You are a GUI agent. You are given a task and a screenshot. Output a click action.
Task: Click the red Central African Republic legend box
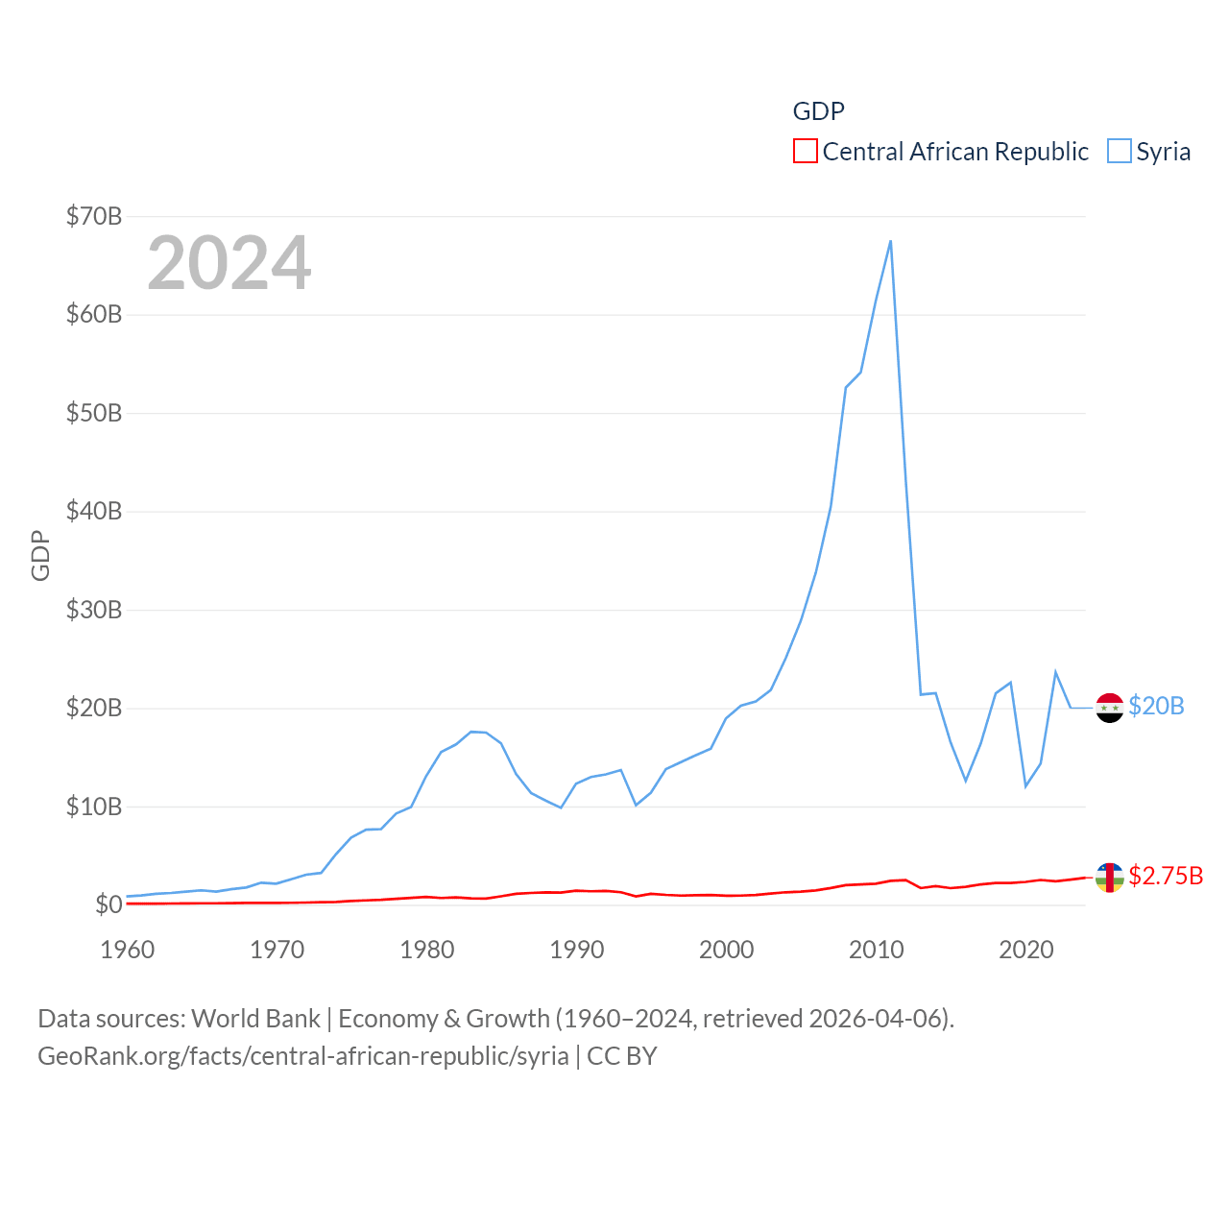(805, 152)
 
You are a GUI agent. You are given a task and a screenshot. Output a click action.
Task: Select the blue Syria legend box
(1120, 152)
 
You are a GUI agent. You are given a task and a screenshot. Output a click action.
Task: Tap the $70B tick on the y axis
(94, 216)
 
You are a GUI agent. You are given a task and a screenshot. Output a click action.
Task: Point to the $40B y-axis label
(94, 511)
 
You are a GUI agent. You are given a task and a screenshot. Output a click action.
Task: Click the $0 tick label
(108, 904)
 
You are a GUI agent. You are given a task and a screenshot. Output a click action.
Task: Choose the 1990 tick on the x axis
(577, 950)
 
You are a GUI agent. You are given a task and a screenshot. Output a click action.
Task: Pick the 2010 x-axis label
(877, 950)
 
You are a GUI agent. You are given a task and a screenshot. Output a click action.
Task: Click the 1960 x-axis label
(128, 950)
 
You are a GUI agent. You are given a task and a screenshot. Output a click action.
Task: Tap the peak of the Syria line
(891, 241)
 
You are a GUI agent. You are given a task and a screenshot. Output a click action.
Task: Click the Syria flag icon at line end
(1109, 708)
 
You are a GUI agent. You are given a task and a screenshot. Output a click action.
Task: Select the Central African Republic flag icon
(1109, 877)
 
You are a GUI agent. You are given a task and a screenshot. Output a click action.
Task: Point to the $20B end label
(1156, 706)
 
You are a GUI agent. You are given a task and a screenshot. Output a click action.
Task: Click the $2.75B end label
(1166, 876)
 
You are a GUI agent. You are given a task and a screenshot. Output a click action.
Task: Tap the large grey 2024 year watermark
(229, 263)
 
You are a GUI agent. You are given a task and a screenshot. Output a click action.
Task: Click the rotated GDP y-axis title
(40, 555)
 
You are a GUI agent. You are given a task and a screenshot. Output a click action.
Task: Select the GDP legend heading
(818, 111)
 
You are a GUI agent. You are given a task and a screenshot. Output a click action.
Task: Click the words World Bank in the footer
(256, 1018)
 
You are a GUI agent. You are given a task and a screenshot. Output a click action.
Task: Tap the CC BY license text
(622, 1056)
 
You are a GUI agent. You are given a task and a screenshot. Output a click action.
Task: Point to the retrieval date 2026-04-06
(878, 1018)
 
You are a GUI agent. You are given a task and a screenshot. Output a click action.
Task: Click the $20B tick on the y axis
(94, 708)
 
